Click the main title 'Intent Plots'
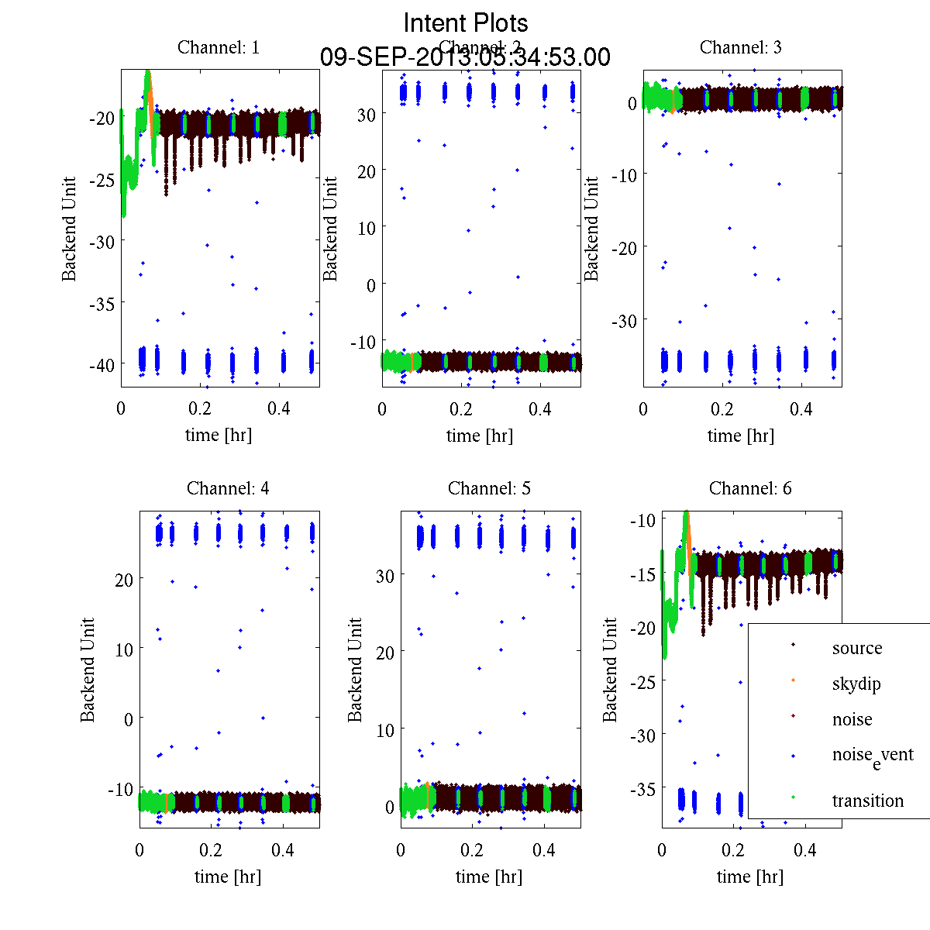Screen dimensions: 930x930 click(x=466, y=23)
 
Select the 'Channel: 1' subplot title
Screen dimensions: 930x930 click(x=219, y=47)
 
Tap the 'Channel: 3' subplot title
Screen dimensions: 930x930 click(x=741, y=47)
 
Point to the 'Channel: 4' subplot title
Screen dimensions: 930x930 click(x=228, y=488)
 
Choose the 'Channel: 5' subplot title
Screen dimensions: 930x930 click(x=489, y=488)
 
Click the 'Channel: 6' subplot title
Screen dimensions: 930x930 click(x=750, y=488)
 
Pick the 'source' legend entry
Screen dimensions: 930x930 click(x=856, y=648)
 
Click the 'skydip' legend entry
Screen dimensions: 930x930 click(x=856, y=684)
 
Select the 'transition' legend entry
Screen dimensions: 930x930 click(x=867, y=801)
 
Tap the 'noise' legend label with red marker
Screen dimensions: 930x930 click(x=852, y=719)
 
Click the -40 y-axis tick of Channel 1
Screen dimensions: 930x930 click(x=102, y=365)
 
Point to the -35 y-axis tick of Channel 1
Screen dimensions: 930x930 click(x=102, y=303)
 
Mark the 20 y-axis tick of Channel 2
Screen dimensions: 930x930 click(x=366, y=171)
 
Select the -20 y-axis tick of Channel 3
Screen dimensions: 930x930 click(x=625, y=247)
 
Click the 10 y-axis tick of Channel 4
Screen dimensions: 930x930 click(x=123, y=649)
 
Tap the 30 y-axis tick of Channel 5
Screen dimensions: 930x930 click(x=385, y=575)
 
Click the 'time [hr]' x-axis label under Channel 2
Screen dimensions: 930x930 click(x=480, y=436)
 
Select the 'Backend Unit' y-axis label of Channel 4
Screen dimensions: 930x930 click(x=88, y=670)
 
